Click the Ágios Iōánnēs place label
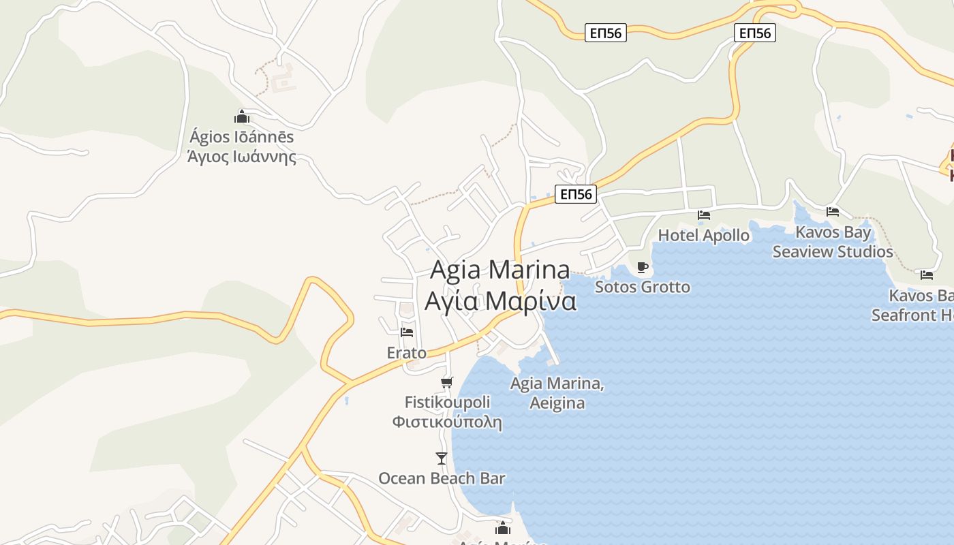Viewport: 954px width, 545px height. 242,137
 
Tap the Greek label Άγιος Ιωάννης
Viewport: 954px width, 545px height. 242,157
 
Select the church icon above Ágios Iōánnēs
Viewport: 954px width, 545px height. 242,116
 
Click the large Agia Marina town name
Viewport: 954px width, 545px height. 500,270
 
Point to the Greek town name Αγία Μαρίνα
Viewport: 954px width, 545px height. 500,300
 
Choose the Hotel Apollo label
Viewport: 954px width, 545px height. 703,236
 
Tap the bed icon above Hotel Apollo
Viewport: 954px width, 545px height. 704,215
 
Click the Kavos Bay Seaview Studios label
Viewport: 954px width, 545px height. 833,242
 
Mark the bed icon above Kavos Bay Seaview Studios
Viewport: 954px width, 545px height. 832,212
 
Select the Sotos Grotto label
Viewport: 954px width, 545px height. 642,287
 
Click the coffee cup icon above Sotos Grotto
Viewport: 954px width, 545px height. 642,267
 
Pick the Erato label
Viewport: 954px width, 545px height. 406,353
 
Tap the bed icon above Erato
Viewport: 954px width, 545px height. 407,332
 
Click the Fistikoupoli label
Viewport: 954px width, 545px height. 447,402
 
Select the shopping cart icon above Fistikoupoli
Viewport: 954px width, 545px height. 447,382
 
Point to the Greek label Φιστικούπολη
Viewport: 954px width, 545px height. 447,422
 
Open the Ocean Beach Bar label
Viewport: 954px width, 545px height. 442,478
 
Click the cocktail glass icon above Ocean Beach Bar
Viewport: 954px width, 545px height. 442,458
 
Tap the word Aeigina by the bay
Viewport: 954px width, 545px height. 557,403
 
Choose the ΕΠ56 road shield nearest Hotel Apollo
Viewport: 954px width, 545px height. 576,195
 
